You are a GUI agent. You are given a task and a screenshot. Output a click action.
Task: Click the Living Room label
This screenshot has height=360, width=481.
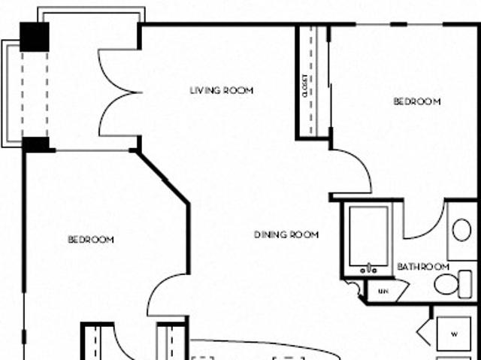[221, 91]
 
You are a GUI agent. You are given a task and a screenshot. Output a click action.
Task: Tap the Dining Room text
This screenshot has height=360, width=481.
[286, 234]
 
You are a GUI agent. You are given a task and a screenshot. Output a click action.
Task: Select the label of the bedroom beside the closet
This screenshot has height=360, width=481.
[417, 101]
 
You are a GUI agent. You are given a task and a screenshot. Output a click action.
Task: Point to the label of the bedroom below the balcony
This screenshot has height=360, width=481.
[91, 240]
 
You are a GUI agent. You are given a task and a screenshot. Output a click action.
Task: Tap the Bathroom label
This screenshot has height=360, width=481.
[423, 267]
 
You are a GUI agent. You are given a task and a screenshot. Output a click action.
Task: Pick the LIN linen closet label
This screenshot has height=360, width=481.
[383, 290]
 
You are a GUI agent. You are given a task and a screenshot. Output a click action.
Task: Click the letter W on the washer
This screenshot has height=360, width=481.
[455, 333]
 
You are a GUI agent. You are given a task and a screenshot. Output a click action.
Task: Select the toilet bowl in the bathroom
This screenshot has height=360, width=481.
[446, 284]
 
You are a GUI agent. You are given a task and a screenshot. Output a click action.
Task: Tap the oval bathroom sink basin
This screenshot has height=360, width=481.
[461, 230]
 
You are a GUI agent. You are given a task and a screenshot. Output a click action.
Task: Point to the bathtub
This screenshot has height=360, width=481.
[369, 234]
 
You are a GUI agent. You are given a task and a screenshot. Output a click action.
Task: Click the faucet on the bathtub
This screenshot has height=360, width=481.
[369, 268]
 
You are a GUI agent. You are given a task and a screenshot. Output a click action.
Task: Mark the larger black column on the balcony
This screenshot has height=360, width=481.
[35, 37]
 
